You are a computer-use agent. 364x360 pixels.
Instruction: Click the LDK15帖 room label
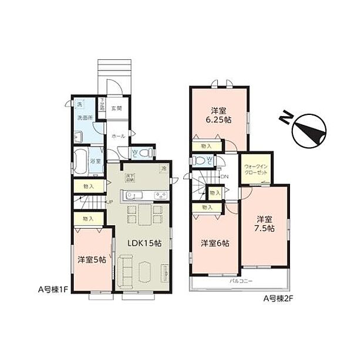[x=144, y=244]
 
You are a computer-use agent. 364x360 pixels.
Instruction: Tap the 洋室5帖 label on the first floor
[x=92, y=259]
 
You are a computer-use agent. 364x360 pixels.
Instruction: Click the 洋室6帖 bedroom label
[x=215, y=243]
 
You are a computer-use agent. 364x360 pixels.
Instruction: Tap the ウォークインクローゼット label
[x=257, y=170]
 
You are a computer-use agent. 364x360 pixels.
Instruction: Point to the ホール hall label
[x=117, y=136]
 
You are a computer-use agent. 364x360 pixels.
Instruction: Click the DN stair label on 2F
[x=224, y=176]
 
